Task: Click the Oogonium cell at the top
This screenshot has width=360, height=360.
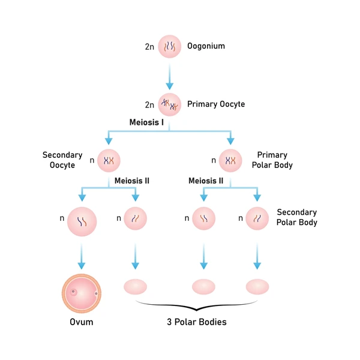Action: (170, 46)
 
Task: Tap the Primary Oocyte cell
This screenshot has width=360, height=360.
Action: (170, 104)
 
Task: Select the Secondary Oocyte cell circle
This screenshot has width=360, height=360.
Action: (109, 160)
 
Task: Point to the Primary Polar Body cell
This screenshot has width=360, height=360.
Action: (230, 160)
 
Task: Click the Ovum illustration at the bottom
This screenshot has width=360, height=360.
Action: (82, 293)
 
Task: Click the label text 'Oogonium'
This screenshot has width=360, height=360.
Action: (206, 46)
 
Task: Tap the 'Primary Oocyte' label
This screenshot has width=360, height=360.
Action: (216, 104)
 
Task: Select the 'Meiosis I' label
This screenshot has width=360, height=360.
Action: (146, 122)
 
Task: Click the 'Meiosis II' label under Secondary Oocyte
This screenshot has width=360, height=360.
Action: (132, 181)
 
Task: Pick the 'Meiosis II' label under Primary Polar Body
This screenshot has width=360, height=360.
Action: (206, 181)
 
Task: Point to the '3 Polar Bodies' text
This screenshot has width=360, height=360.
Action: (197, 322)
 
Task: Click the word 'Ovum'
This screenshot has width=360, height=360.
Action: (82, 322)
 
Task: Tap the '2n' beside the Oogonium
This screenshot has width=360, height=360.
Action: (149, 47)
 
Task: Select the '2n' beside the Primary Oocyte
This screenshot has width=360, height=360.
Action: (149, 105)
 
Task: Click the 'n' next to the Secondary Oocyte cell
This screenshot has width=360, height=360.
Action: (92, 160)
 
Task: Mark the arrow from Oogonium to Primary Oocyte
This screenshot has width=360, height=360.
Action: (170, 77)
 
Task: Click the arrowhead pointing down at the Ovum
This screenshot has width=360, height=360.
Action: (82, 266)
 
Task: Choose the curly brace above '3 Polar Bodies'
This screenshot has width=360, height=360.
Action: (197, 306)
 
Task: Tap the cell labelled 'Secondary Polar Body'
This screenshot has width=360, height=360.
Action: (257, 218)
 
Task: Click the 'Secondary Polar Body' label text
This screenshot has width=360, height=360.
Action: (297, 217)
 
